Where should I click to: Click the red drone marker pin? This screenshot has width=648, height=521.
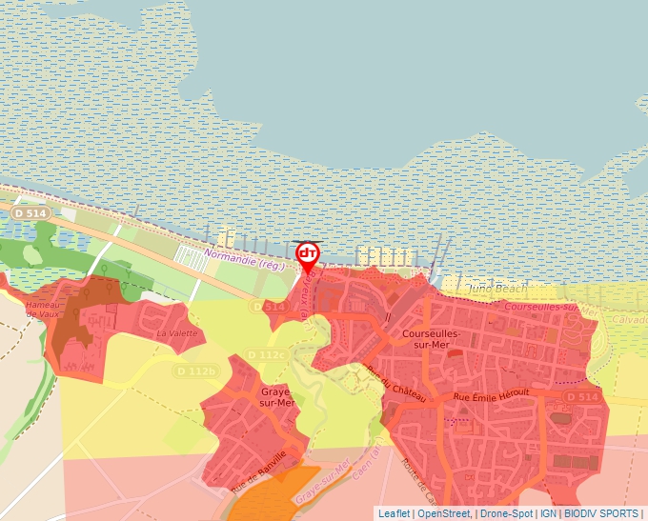coord(308,255)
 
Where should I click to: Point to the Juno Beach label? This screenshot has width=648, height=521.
coord(496,288)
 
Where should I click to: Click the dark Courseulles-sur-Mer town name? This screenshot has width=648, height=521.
coord(432,340)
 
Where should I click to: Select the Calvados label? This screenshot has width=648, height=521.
coord(627,320)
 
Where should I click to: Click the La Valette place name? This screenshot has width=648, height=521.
coord(176,333)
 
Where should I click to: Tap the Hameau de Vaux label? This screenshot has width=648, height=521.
coord(45,310)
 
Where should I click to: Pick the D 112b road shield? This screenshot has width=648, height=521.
coord(197,370)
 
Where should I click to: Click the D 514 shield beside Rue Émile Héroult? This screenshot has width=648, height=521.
coord(581,396)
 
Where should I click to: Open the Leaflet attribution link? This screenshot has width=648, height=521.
coord(394,513)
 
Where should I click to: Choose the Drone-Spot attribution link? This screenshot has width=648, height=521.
coord(506,513)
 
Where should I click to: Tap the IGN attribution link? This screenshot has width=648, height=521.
coord(548,513)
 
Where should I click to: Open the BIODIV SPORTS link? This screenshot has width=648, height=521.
coord(601,513)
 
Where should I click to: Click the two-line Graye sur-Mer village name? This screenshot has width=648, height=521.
coord(276,396)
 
